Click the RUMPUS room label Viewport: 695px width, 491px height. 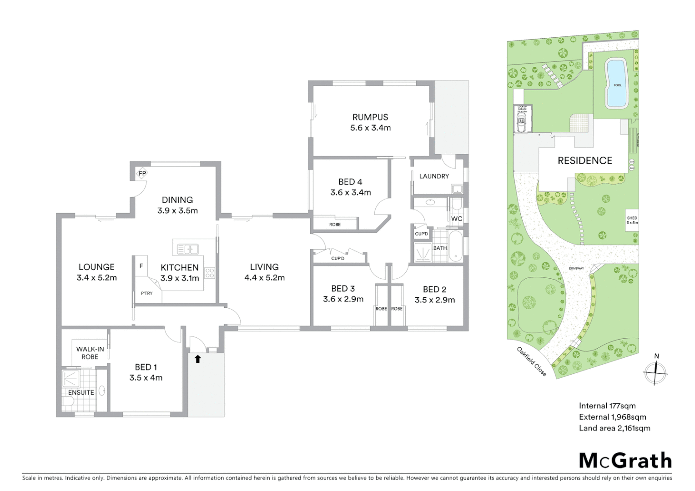pyautogui.click(x=370, y=117)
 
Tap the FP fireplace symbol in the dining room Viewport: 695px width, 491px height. pyautogui.click(x=142, y=173)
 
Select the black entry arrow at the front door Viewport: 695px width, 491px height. pyautogui.click(x=197, y=359)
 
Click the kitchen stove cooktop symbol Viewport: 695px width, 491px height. pyautogui.click(x=210, y=273)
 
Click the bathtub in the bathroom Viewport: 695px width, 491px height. pyautogui.click(x=456, y=247)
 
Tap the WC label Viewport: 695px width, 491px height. pyautogui.click(x=457, y=219)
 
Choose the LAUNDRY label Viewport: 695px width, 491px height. pyautogui.click(x=434, y=176)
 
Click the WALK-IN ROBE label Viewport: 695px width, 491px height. pyautogui.click(x=90, y=353)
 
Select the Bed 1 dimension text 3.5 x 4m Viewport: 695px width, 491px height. pyautogui.click(x=146, y=378)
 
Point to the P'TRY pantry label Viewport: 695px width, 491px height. pyautogui.click(x=146, y=294)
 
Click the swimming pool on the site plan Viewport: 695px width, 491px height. pyautogui.click(x=617, y=84)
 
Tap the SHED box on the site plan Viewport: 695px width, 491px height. pyautogui.click(x=632, y=220)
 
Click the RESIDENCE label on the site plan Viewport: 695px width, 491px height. pyautogui.click(x=584, y=160)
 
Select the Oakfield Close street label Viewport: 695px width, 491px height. pyautogui.click(x=531, y=361)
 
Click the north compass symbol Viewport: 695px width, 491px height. pyautogui.click(x=655, y=372)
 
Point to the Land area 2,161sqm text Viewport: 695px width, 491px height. pyautogui.click(x=614, y=428)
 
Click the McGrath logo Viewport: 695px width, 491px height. pyautogui.click(x=625, y=461)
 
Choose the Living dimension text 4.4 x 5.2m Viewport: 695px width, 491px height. pyautogui.click(x=264, y=278)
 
